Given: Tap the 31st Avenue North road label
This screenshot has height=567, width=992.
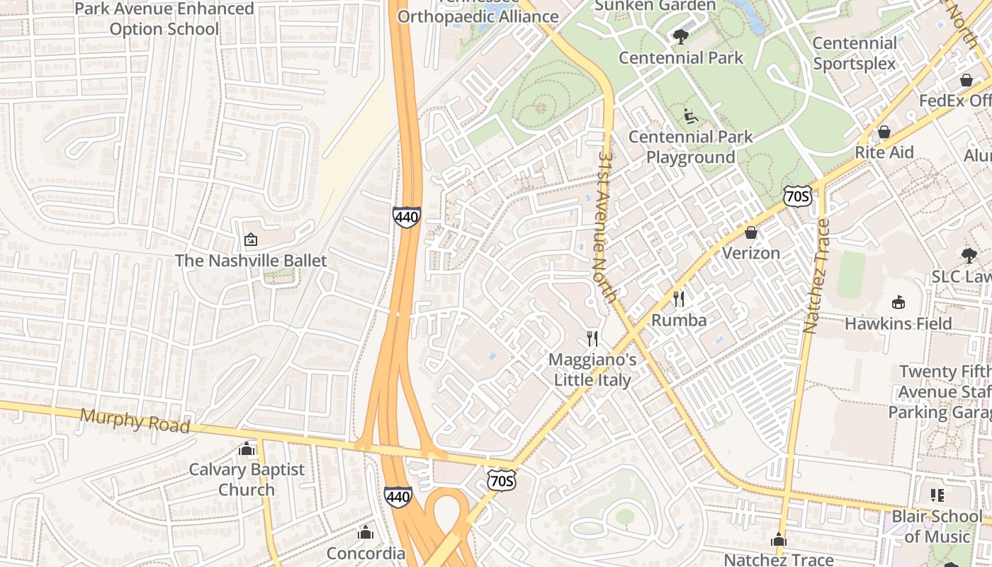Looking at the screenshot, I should point(604,225).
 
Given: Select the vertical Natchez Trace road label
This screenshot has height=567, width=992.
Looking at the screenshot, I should point(816,276).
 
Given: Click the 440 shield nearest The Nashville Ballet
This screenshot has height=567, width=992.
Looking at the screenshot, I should point(407,216).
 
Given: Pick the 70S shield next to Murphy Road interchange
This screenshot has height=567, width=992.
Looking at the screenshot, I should point(501,481).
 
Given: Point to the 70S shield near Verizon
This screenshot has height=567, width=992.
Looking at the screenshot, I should point(798,196).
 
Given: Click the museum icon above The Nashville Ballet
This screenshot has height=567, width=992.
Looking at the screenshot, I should point(250,240).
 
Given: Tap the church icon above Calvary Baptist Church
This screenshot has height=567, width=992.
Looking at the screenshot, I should point(247,449).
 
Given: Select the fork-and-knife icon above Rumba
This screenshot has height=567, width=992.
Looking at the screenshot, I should point(679,299).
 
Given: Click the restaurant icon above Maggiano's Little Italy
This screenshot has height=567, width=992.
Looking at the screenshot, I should point(592,339).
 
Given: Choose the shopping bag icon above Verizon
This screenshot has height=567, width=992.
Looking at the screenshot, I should point(751,232).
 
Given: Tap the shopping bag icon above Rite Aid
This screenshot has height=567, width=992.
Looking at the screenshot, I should point(884,132).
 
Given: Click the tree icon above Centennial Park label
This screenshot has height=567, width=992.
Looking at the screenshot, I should point(681,37).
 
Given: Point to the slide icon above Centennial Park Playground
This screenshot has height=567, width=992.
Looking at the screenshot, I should point(691,116).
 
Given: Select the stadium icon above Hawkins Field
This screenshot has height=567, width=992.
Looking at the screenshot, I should point(898,303).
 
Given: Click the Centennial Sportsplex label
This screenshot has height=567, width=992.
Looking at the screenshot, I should point(854,53).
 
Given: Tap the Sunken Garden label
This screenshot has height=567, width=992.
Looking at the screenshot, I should point(655,6).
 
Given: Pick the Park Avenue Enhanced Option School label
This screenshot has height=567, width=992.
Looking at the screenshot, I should point(164,19).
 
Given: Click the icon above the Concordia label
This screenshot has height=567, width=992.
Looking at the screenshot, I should point(366,532).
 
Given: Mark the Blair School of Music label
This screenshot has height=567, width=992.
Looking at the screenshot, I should point(937,526).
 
